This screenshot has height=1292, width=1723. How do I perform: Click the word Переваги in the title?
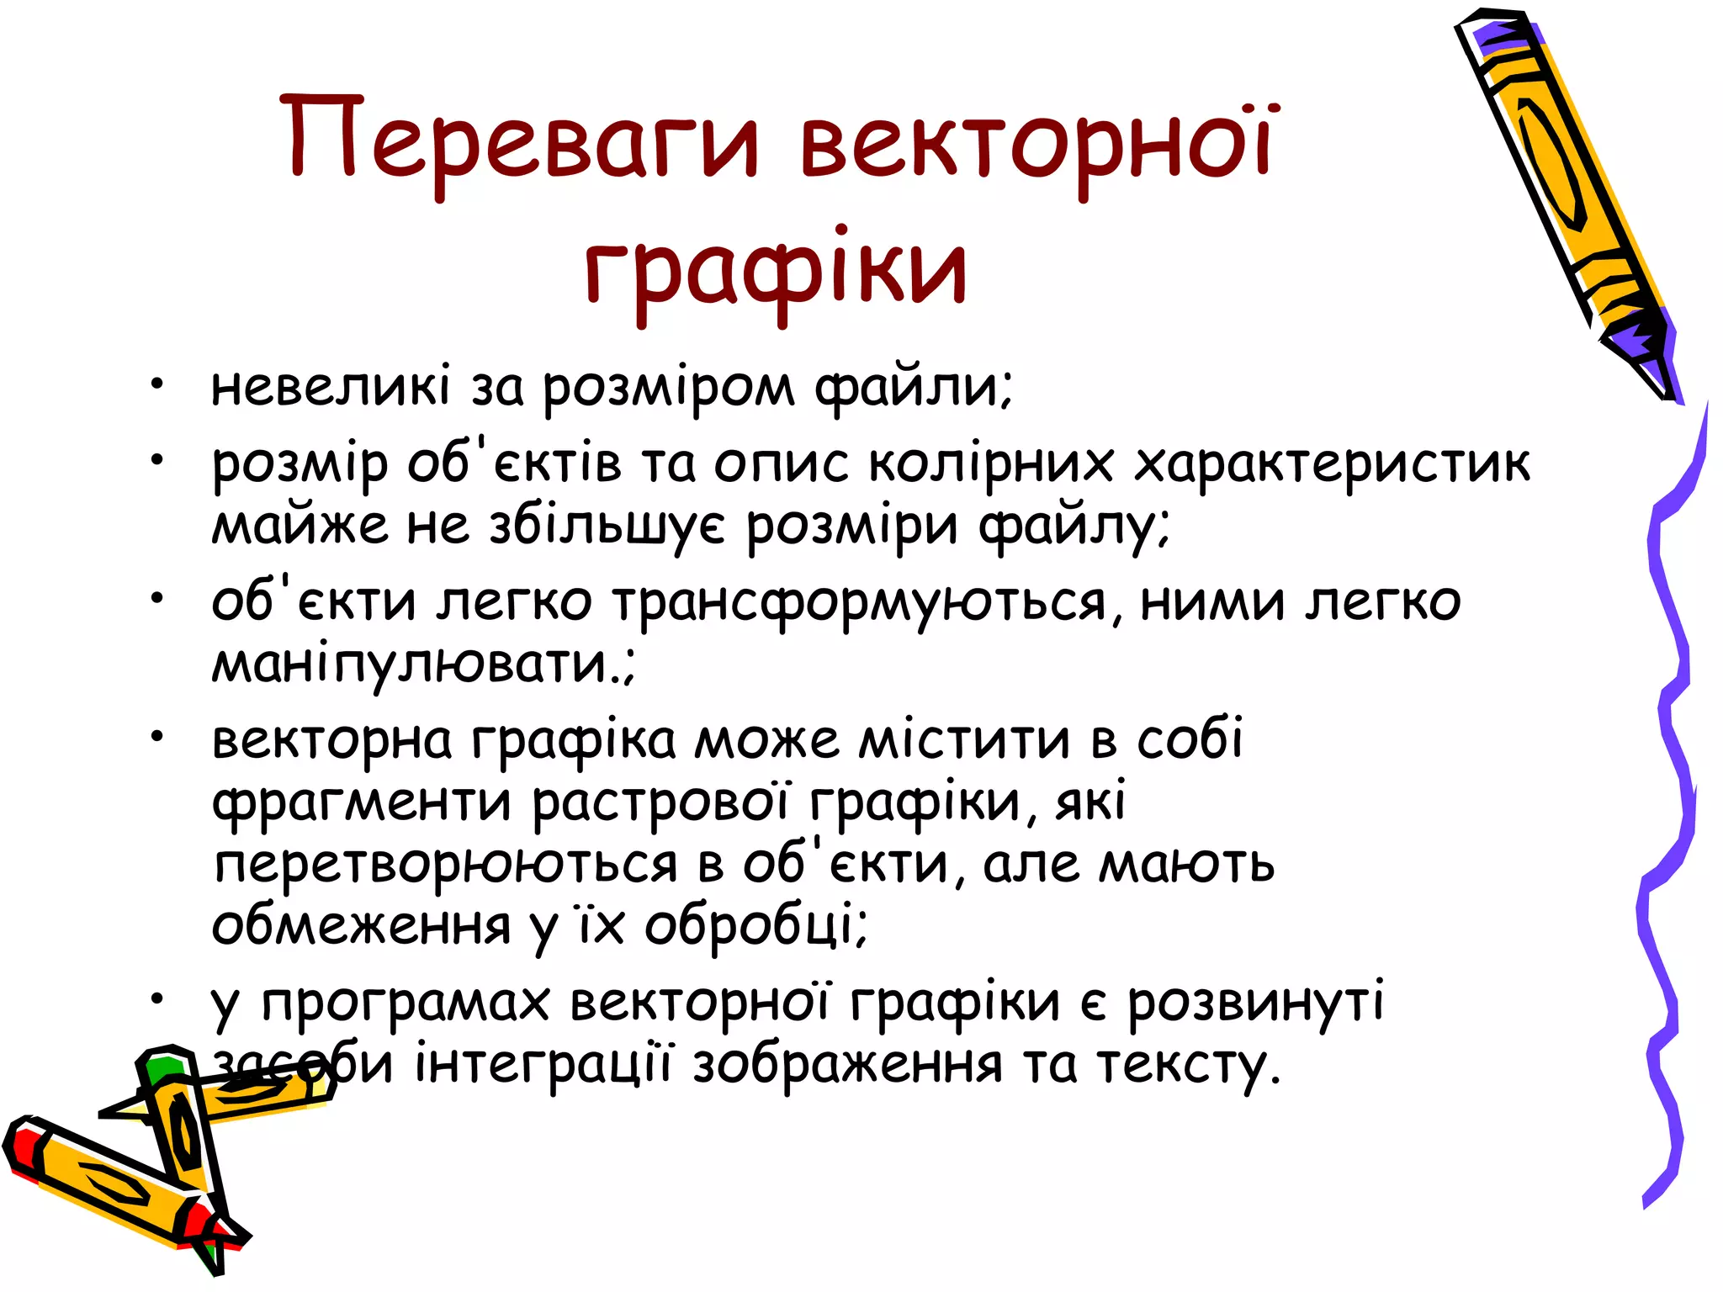[522, 139]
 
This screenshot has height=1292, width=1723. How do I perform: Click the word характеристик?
[1333, 464]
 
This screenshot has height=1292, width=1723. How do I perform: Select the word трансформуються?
[866, 602]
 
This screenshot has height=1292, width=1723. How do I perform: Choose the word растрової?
[660, 802]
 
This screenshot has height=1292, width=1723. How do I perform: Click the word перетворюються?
[446, 864]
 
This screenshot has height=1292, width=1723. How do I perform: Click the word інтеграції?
[543, 1064]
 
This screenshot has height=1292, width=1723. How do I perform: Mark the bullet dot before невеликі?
[156, 386]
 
